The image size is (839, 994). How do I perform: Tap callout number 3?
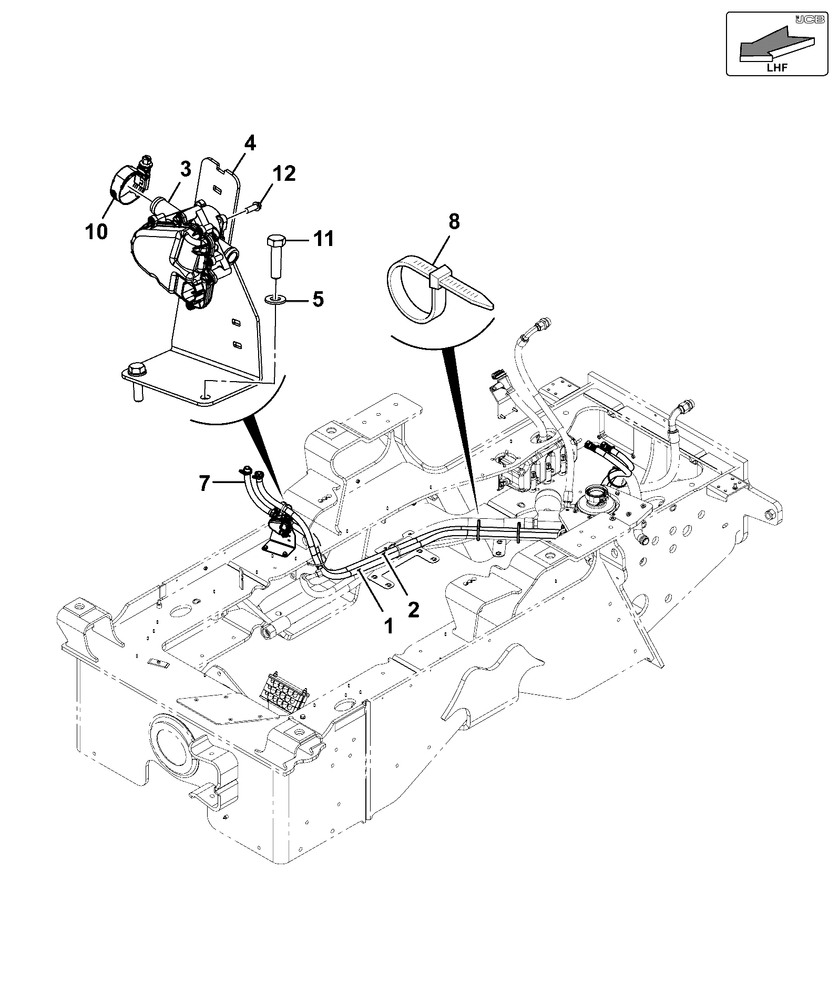tap(185, 170)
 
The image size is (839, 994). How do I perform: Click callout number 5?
tap(318, 299)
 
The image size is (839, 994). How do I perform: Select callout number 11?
tap(323, 239)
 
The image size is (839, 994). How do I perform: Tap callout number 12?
tap(284, 174)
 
